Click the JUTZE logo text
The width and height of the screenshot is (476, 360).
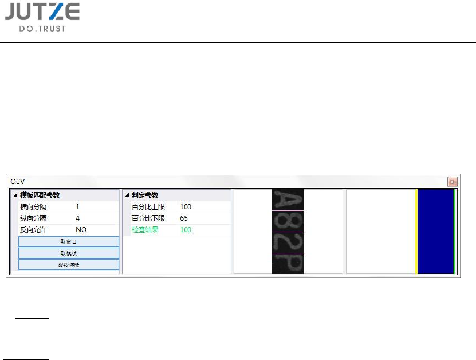click(42, 12)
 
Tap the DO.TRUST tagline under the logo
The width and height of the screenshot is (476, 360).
click(42, 28)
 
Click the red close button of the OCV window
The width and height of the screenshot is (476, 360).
click(452, 181)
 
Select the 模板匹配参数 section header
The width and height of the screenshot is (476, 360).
click(40, 195)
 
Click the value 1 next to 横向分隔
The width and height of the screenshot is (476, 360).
click(78, 207)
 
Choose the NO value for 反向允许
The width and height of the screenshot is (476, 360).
click(81, 230)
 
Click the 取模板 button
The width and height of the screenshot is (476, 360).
click(69, 253)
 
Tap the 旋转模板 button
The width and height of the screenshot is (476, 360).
click(69, 265)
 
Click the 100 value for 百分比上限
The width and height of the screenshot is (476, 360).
click(186, 207)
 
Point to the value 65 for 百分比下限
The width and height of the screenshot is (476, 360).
click(184, 218)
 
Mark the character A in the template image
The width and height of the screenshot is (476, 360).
click(288, 199)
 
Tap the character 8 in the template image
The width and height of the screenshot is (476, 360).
click(288, 221)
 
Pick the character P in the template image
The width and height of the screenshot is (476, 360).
click(288, 264)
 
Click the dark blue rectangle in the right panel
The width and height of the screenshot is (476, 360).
click(435, 232)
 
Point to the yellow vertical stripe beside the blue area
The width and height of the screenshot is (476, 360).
click(416, 232)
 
